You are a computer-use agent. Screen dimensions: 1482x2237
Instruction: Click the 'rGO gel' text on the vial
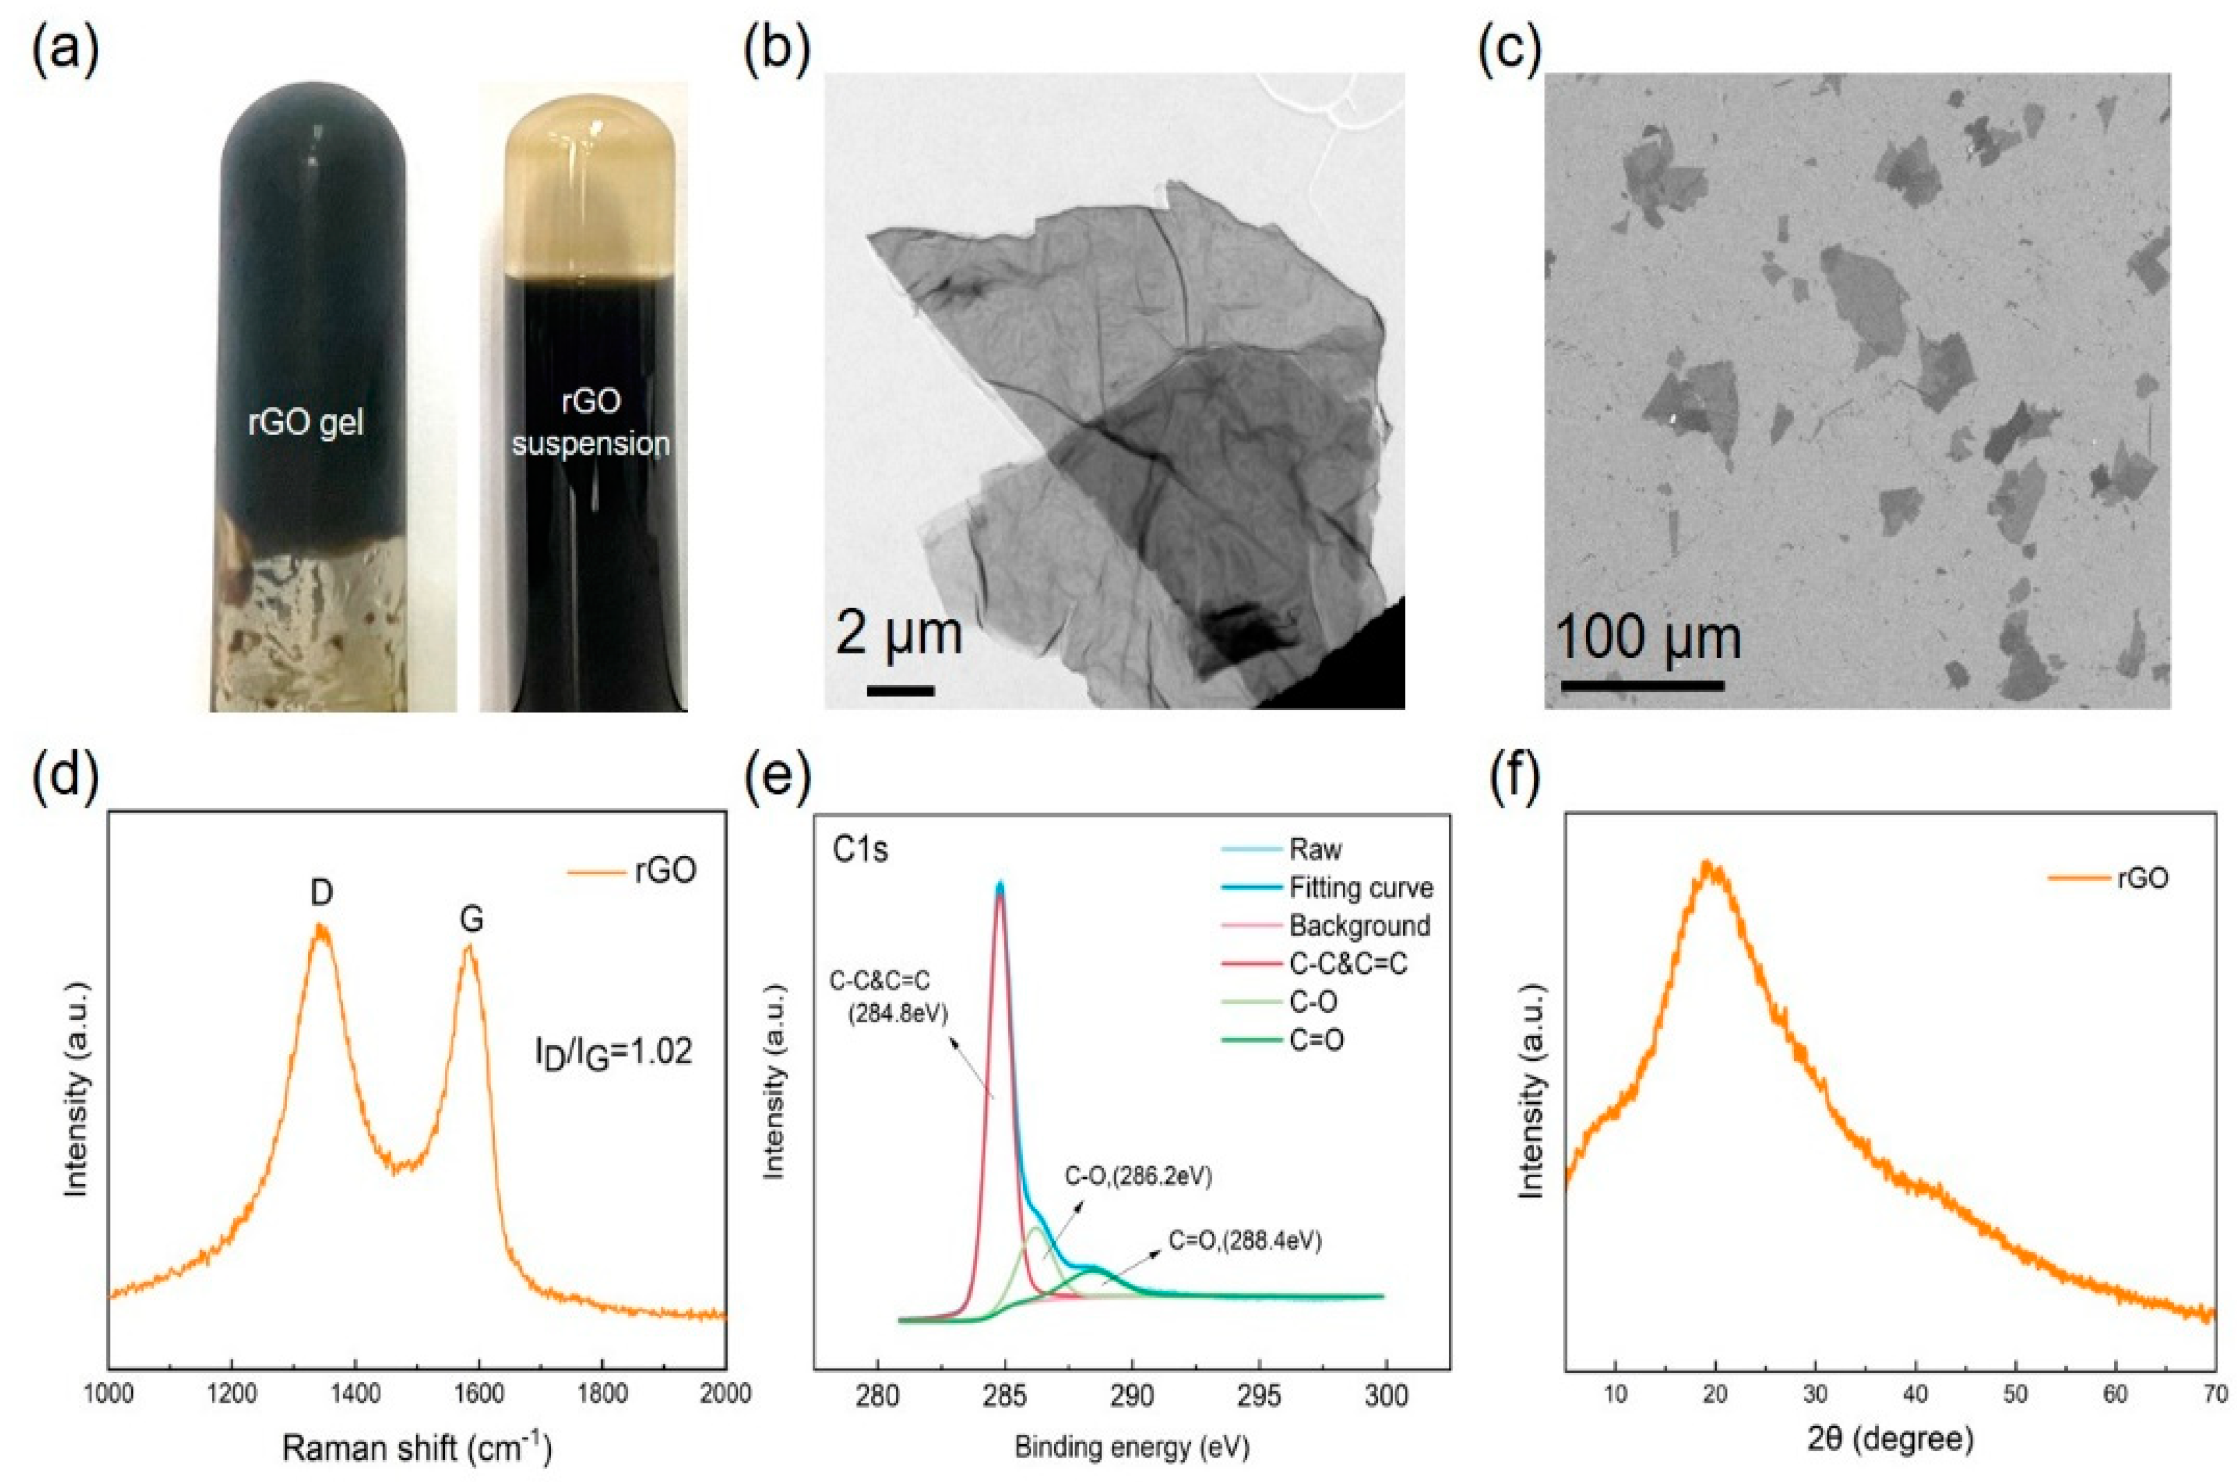coord(305,424)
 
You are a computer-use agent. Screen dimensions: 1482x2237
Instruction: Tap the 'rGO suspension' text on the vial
coord(591,422)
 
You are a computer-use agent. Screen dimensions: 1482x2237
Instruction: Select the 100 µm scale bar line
coord(1641,684)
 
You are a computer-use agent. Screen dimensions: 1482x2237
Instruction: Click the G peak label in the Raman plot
coord(471,920)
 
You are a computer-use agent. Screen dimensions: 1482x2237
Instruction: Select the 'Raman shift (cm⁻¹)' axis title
coord(416,1446)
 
